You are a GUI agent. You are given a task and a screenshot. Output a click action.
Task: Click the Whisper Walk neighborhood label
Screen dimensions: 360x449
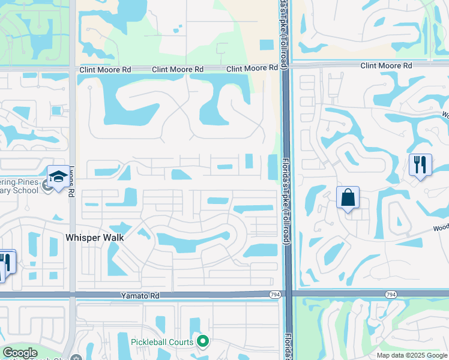(x=94, y=238)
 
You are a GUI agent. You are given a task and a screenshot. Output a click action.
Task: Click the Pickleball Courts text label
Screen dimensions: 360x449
(x=162, y=343)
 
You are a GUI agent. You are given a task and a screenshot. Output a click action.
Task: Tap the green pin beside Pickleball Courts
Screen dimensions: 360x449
(x=203, y=342)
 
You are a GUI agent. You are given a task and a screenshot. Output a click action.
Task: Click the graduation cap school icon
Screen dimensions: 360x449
(x=58, y=176)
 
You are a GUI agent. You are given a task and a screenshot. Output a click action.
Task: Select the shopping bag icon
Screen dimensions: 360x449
(x=348, y=197)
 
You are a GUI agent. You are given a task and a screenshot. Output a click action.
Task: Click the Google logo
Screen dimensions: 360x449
(x=20, y=353)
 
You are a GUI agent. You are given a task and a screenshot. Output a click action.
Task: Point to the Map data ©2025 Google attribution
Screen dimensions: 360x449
(x=411, y=355)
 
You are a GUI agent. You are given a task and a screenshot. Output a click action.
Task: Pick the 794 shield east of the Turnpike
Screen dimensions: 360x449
(x=391, y=294)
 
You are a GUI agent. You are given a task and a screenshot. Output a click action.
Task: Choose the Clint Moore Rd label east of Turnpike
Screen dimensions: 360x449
(x=386, y=65)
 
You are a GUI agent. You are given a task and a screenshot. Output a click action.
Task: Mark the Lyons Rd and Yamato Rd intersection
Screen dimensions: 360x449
(x=72, y=295)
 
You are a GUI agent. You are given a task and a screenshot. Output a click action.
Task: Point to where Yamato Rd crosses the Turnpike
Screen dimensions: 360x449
(x=287, y=294)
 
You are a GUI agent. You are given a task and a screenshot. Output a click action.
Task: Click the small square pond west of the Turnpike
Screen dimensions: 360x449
(x=265, y=44)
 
